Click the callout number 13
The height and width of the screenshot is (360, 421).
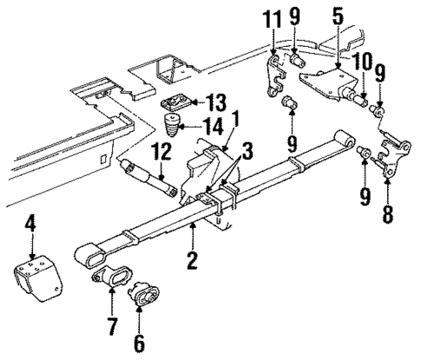pyautogui.click(x=215, y=102)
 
